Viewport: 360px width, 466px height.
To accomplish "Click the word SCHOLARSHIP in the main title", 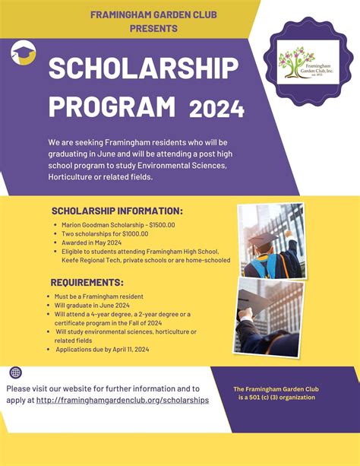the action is pos(143,71).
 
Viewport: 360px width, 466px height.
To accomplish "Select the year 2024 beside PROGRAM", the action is pos(217,109).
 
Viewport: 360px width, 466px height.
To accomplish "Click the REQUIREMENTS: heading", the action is pos(87,282).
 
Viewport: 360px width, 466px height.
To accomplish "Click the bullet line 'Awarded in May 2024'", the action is pos(92,243).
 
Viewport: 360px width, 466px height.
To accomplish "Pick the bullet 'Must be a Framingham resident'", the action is pos(99,296).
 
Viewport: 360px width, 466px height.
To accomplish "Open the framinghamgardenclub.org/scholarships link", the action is pos(122,400).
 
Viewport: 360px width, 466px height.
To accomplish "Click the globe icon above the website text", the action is pos(16,372).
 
